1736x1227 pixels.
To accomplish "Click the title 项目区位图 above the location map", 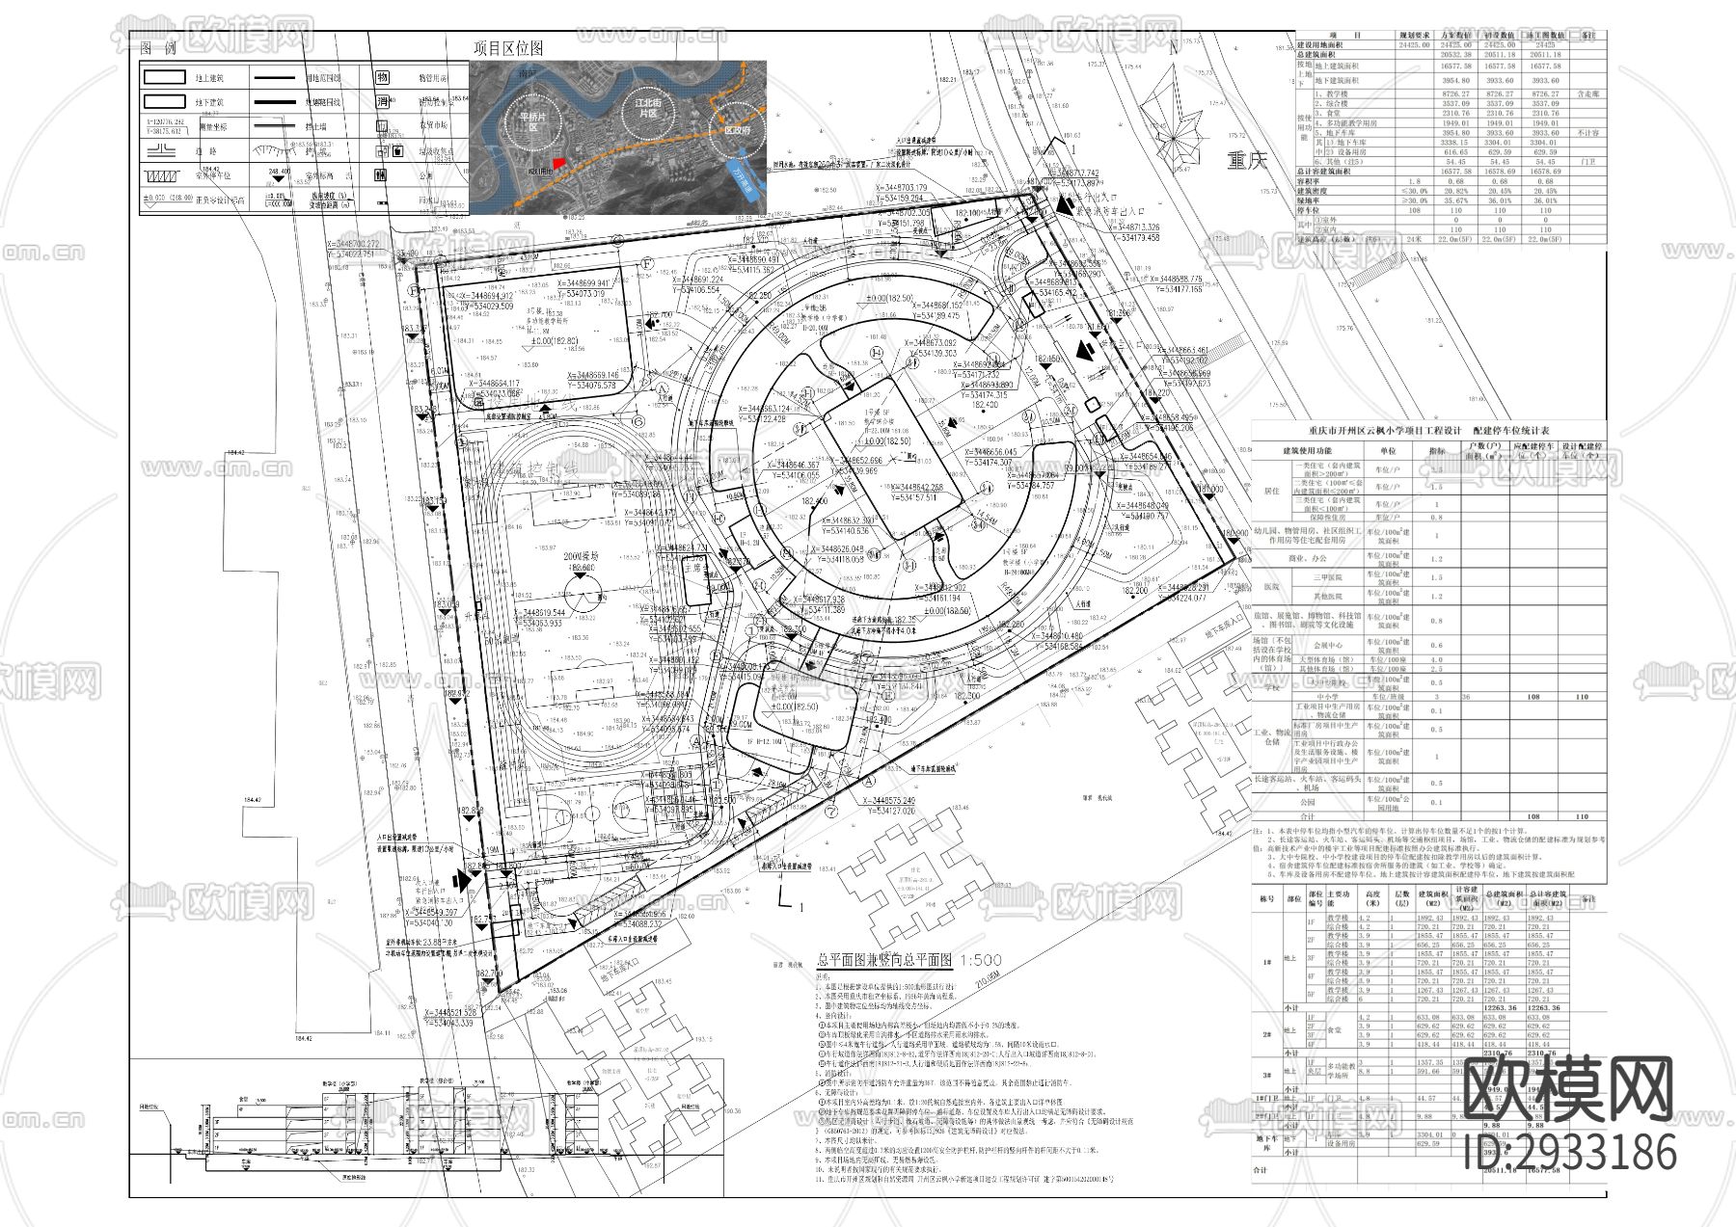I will pyautogui.click(x=507, y=48).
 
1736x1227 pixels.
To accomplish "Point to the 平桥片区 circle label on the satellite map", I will pyautogui.click(x=533, y=120).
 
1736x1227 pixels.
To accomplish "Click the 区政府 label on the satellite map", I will pyautogui.click(x=730, y=128).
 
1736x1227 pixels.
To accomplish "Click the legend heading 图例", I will pyautogui.click(x=158, y=48).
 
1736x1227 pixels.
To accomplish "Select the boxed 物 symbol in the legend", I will pyautogui.click(x=382, y=77).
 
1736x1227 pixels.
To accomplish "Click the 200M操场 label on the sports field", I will pyautogui.click(x=582, y=557).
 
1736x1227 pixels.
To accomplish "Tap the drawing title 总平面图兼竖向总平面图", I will pyautogui.click(x=883, y=960).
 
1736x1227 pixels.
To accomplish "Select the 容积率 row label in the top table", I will pyautogui.click(x=1311, y=181).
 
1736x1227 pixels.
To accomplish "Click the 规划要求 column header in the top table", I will pyautogui.click(x=1414, y=35).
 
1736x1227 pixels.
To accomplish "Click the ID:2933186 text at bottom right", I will pyautogui.click(x=1570, y=1154).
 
